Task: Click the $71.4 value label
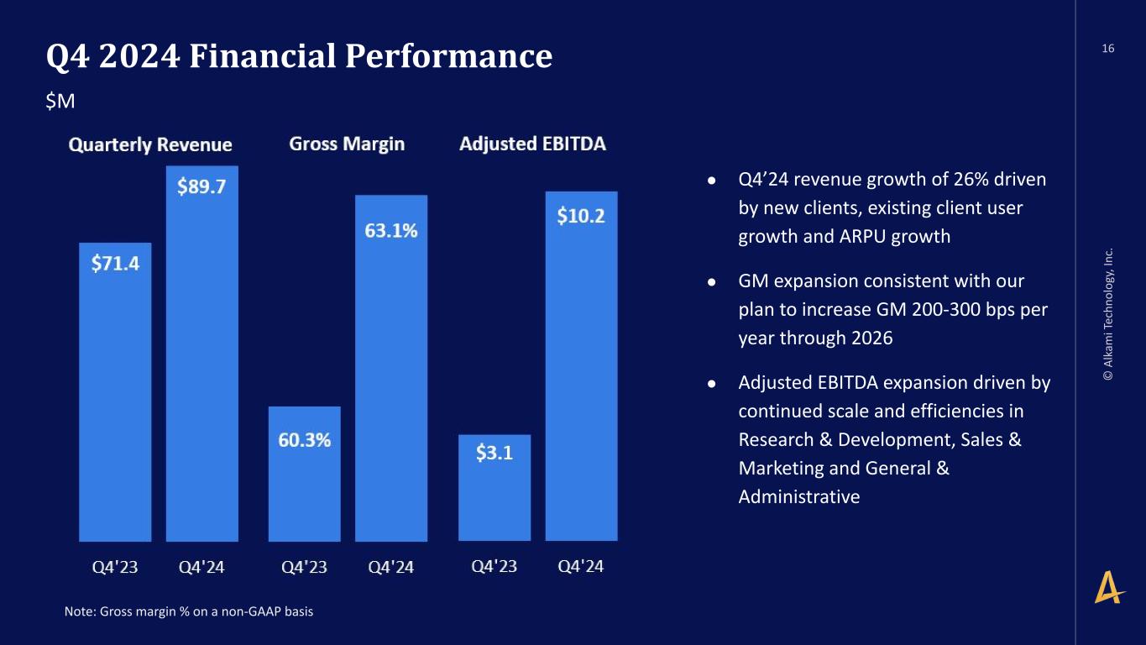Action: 115,264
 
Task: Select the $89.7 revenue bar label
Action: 201,186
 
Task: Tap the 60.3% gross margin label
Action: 305,440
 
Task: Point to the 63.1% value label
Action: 391,231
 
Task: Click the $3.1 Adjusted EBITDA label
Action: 495,453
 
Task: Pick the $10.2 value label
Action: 581,216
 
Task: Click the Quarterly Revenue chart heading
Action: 150,144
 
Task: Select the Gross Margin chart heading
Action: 347,144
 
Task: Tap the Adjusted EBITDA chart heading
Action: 532,144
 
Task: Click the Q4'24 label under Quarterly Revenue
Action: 201,567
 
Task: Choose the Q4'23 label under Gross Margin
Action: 305,567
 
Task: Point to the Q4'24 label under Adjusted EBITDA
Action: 581,566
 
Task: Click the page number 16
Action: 1108,49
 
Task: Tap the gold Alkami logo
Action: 1109,587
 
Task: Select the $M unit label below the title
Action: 60,102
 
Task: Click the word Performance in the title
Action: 448,55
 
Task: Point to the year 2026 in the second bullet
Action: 872,338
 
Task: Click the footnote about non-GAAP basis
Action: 189,611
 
